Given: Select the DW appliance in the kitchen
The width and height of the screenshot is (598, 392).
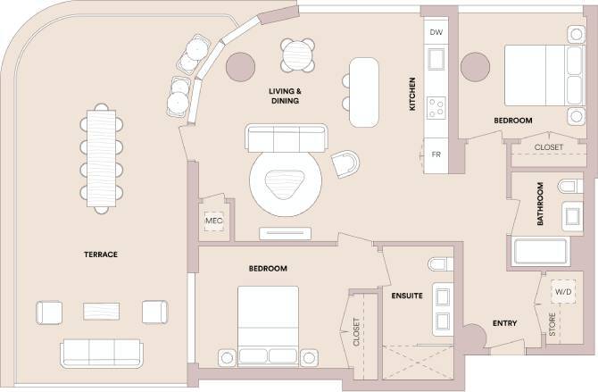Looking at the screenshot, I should point(436,32).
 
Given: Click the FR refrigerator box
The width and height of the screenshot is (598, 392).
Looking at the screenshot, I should point(436,154).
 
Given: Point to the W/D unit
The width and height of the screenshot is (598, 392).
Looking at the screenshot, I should point(563,292).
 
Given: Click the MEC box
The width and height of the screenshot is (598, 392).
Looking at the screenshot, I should point(213,221).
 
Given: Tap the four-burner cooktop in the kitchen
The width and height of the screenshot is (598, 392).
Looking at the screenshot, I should point(437,109).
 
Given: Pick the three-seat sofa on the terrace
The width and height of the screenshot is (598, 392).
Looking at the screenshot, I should point(101,352).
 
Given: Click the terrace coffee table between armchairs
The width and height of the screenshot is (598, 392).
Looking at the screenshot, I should point(101,312).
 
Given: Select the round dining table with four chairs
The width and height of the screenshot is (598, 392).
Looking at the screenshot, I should point(297,56).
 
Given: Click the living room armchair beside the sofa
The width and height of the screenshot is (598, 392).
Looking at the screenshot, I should point(346,163).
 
